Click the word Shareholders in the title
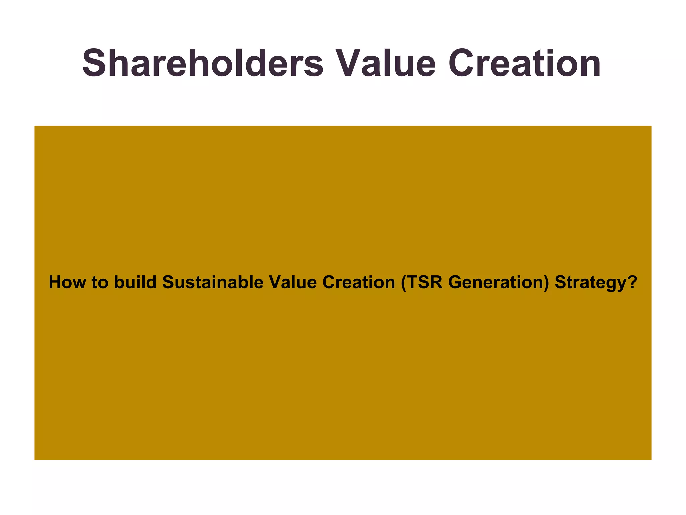coord(203,63)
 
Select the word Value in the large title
coord(385,63)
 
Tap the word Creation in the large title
coord(524,63)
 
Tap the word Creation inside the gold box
coord(358,282)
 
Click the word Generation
coord(496,282)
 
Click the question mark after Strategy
coord(632,282)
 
